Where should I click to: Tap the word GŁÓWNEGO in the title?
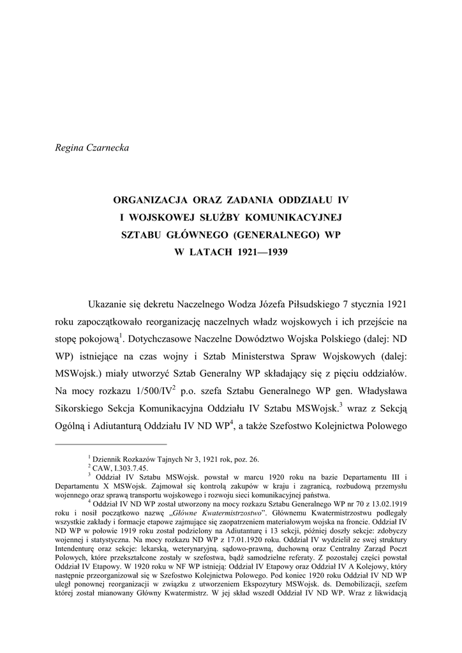click(198, 235)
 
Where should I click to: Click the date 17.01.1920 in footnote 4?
click(209, 538)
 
